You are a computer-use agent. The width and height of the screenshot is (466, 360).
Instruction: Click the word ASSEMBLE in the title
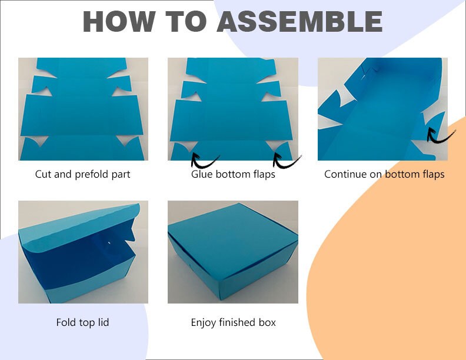(x=299, y=22)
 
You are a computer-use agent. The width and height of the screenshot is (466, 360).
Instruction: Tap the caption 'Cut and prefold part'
(x=83, y=174)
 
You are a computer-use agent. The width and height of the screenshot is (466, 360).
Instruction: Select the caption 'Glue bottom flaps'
(x=233, y=174)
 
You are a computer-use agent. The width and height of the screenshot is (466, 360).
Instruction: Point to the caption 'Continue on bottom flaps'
(x=384, y=174)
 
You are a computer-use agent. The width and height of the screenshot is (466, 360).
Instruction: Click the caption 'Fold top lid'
(x=82, y=322)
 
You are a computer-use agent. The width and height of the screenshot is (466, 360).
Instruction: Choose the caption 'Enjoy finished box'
(x=233, y=322)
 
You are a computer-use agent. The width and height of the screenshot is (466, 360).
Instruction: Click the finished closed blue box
(x=233, y=253)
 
